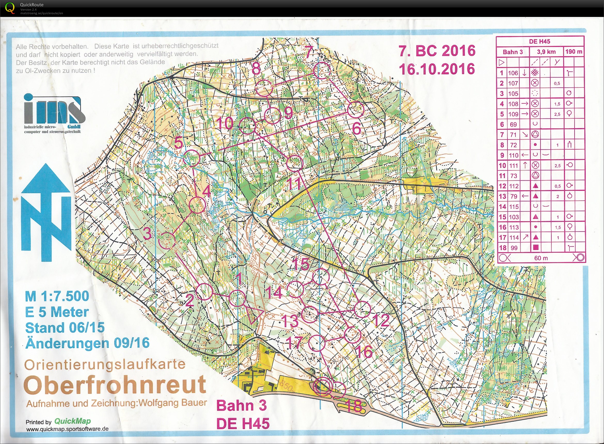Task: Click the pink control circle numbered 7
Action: coord(322,70)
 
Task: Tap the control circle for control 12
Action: coord(362,309)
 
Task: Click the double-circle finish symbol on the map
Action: coord(323,387)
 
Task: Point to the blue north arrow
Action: coord(46,212)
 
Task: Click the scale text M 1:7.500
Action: coord(57,296)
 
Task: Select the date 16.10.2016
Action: coord(437,69)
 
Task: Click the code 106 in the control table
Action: coord(513,73)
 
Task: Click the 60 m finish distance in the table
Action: coord(541,258)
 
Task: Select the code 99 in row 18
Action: coord(514,248)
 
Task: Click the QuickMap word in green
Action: coord(73,421)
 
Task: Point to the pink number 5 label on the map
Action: coord(178,143)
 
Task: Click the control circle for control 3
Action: coord(166,241)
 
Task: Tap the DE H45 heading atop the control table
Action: coord(539,42)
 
